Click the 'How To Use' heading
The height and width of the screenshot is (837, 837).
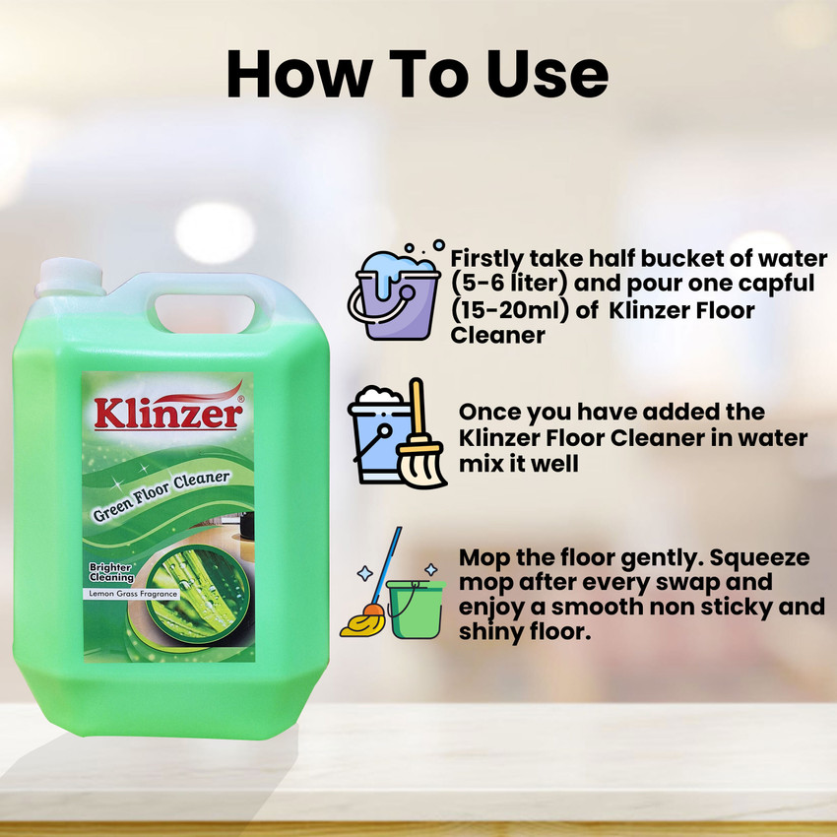[x=418, y=75]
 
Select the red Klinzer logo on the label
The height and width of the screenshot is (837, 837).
[x=166, y=412]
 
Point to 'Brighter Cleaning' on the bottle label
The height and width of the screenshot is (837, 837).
[x=116, y=573]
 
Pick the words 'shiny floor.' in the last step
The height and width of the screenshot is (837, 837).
[x=525, y=632]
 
